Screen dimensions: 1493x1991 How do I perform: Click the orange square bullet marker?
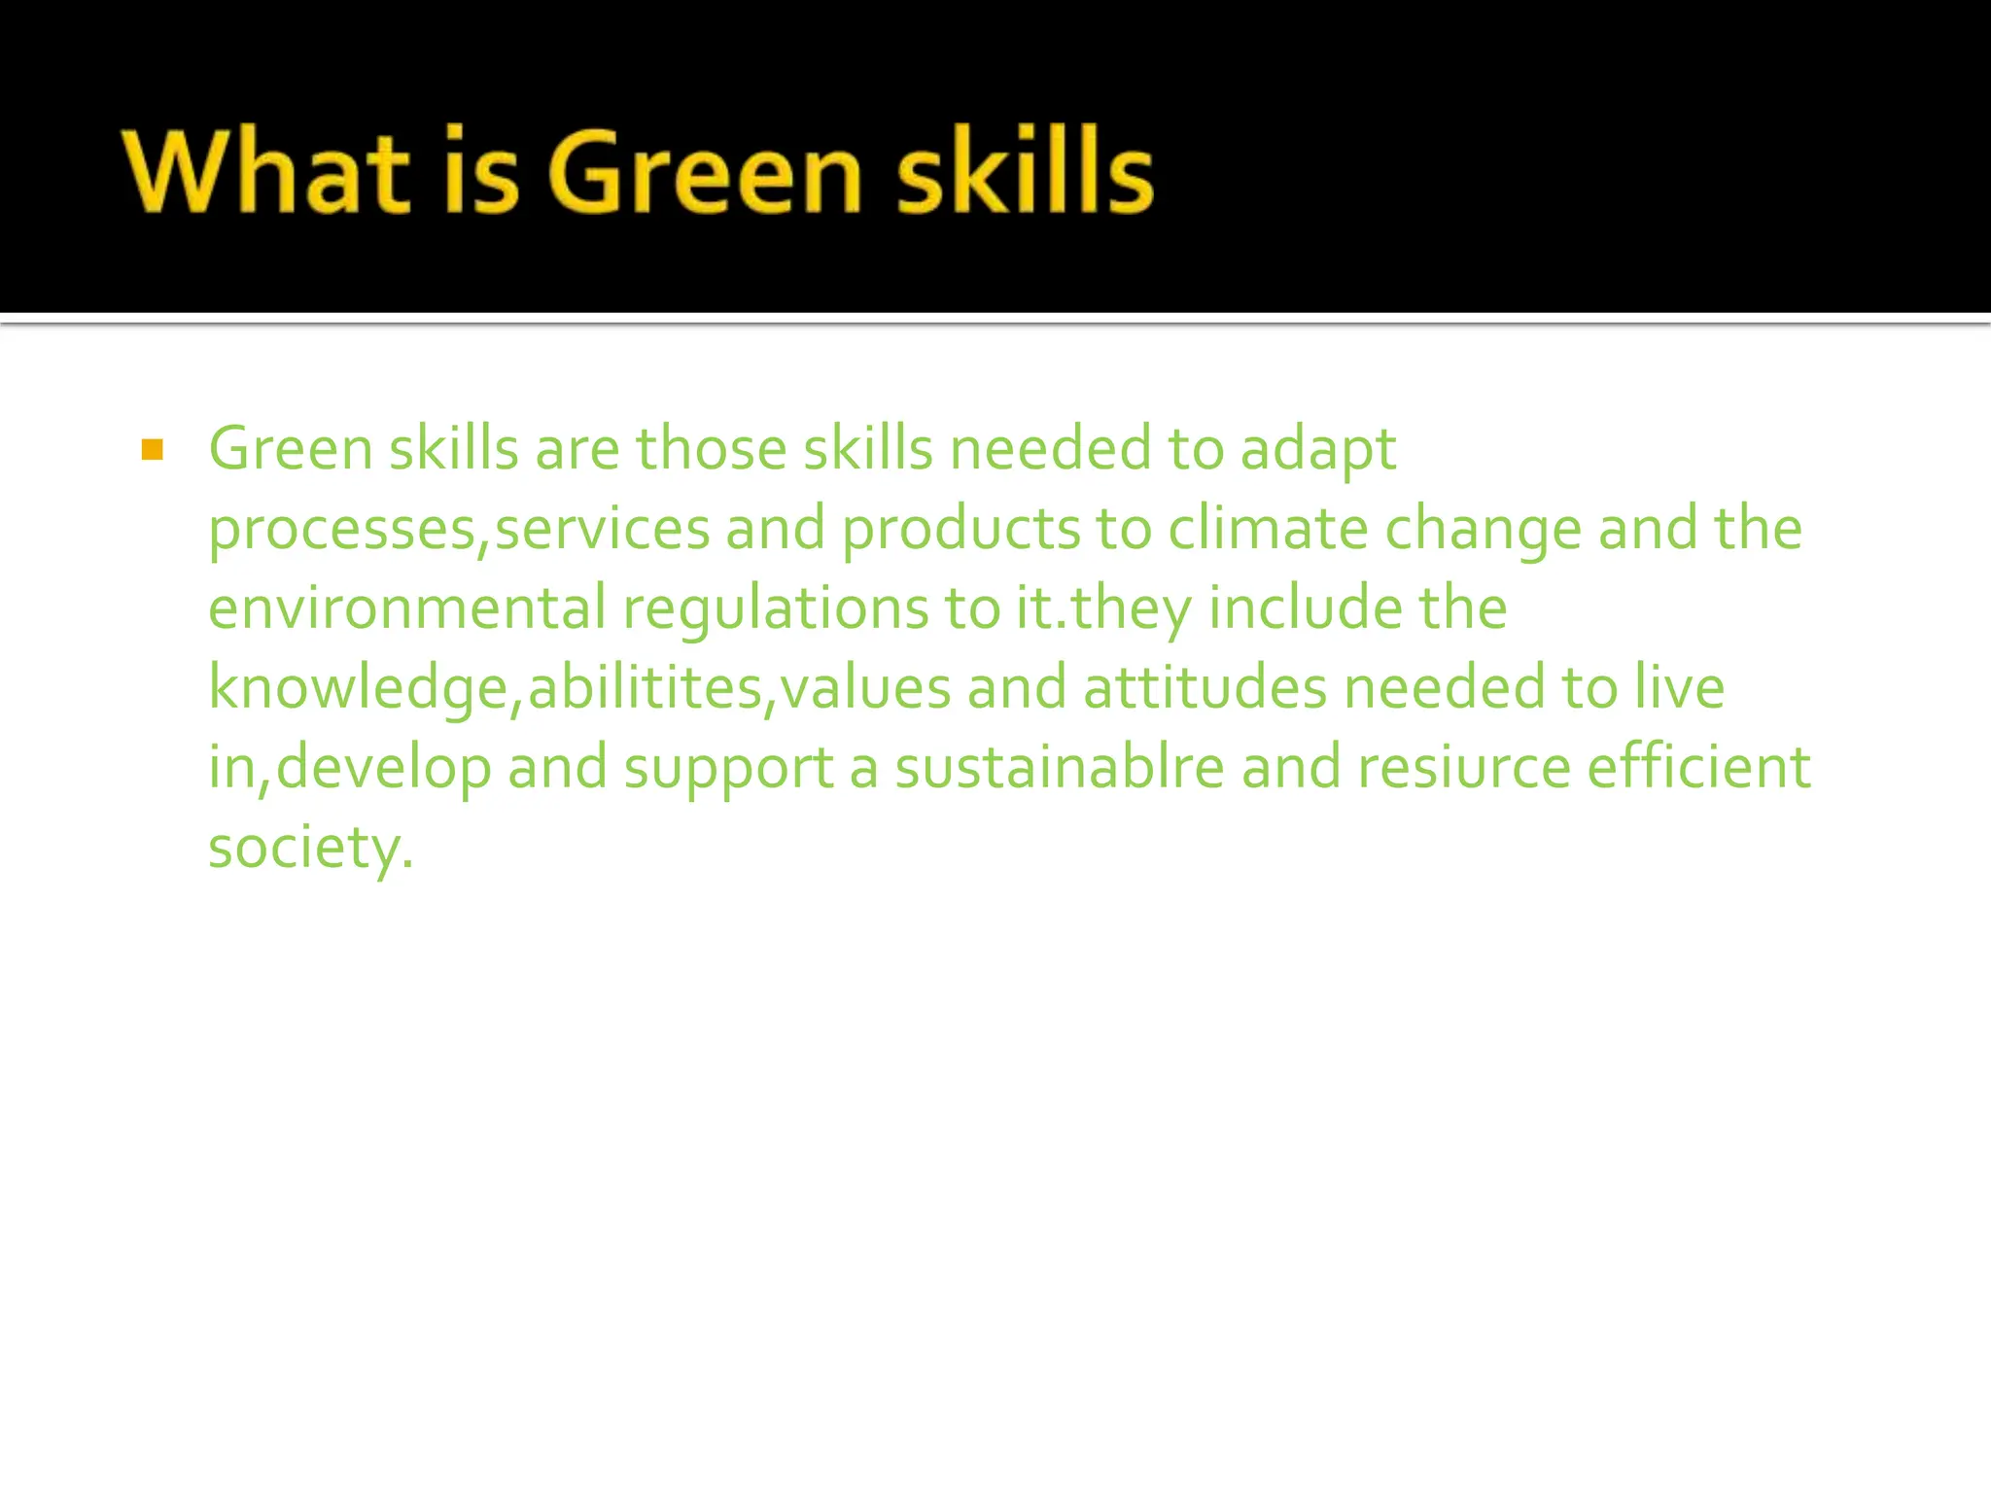pos(152,450)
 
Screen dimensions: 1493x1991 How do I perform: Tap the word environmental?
pos(407,608)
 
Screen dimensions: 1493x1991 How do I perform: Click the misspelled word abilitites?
pos(645,688)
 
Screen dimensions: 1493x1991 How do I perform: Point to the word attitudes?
pos(1205,688)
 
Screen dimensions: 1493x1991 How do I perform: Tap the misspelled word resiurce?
pos(1464,768)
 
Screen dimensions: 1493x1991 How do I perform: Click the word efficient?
pos(1698,768)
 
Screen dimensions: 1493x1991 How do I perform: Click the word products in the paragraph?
pos(961,531)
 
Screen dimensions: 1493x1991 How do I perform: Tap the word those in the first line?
pos(712,450)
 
